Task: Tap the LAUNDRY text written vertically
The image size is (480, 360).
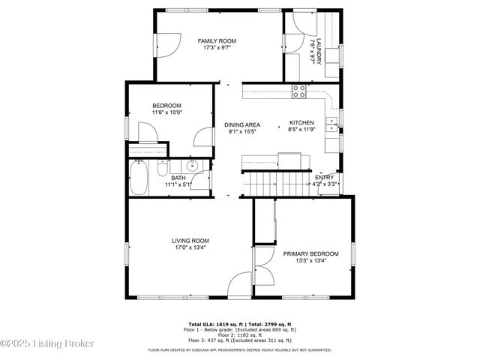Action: tap(319, 51)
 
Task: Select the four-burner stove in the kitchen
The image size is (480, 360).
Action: tap(299, 91)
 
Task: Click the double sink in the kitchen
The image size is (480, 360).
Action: tap(330, 123)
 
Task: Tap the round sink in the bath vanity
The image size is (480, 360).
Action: tap(192, 166)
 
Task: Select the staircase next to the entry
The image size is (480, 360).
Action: tap(278, 181)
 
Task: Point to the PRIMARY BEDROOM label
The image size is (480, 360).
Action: tap(310, 254)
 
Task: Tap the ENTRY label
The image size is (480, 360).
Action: tap(324, 177)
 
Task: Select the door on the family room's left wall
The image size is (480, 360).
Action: tap(166, 46)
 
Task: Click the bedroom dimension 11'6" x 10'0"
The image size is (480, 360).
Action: tap(166, 112)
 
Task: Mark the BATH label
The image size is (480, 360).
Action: tap(178, 178)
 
